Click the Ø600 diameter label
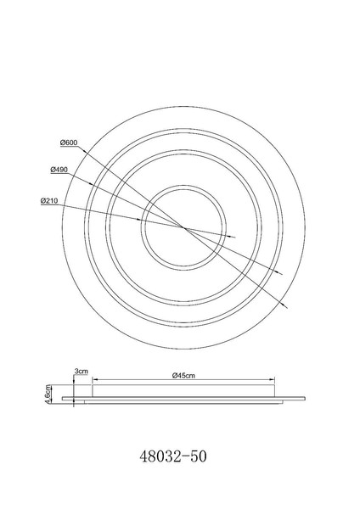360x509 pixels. coord(69,143)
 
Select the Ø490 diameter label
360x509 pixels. coord(59,170)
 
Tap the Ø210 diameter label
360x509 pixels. coord(49,201)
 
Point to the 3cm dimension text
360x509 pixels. coord(82,371)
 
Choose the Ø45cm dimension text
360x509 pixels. coord(183,376)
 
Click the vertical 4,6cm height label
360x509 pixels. coord(48,394)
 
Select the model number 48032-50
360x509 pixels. coord(173,456)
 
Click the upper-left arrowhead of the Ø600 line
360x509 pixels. coord(83,151)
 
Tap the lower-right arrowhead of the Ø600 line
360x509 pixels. coord(285,305)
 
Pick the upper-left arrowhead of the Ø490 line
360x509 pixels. coord(92,184)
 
